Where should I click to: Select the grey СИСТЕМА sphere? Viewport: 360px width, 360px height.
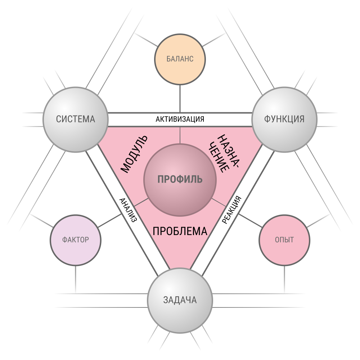click(76, 119)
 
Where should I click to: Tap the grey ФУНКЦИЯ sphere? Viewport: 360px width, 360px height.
click(284, 119)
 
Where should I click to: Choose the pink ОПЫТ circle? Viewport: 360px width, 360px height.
click(284, 240)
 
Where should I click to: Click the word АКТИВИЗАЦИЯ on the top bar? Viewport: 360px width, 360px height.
click(180, 119)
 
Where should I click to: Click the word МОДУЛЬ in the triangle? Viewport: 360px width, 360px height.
click(134, 154)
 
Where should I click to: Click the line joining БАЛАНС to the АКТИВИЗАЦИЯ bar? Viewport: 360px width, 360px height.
click(180, 98)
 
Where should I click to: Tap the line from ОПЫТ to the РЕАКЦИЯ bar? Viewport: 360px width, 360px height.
click(249, 220)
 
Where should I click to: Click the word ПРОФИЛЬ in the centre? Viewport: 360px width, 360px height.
click(180, 179)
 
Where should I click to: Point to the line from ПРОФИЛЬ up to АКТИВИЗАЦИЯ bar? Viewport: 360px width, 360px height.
click(180, 135)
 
